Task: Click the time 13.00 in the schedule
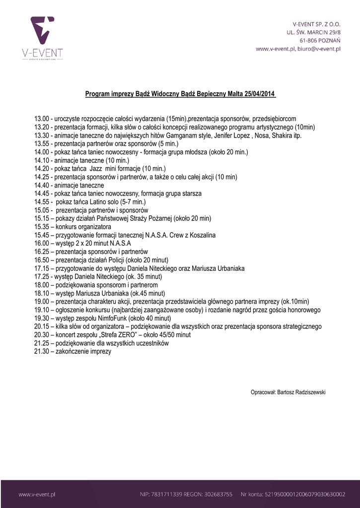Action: (x=41, y=119)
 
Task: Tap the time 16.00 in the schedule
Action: (x=41, y=244)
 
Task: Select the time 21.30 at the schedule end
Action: (x=41, y=352)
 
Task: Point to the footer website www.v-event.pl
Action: (x=36, y=494)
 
